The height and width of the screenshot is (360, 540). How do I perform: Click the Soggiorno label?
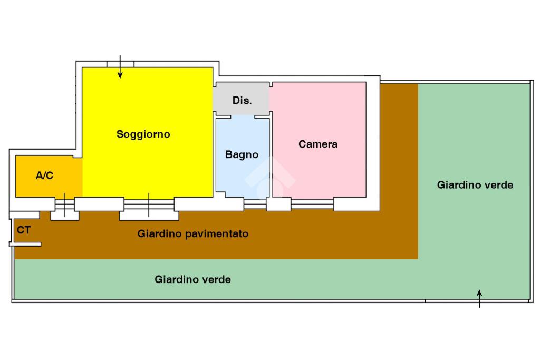143,134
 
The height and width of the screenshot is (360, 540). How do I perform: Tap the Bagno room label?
242,155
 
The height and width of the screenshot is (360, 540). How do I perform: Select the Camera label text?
318,144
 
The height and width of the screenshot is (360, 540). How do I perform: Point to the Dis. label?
242,100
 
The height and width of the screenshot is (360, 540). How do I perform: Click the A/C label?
44,176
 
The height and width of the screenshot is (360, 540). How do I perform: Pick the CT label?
24,230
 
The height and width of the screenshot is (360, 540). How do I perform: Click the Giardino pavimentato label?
193,233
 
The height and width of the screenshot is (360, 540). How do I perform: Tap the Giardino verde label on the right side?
475,185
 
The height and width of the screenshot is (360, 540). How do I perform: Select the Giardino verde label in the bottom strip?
193,279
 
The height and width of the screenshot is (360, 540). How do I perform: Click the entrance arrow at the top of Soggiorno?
120,67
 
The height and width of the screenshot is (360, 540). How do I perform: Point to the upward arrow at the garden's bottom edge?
479,298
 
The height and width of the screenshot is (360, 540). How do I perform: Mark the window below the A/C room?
64,205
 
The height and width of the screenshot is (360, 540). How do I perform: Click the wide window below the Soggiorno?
149,205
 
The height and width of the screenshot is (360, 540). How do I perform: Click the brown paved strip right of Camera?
399,158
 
